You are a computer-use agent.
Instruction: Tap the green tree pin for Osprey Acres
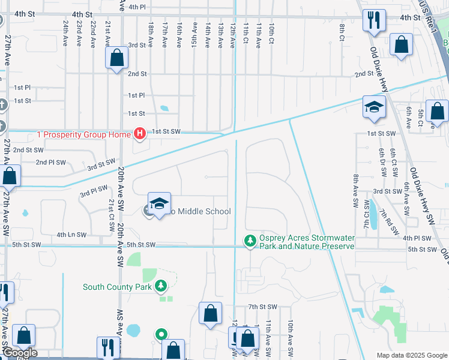tap(250, 241)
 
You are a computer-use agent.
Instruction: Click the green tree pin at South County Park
tap(160, 286)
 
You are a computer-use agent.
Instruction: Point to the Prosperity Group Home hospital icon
tap(139, 133)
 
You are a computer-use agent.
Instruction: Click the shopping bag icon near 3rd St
tap(116, 58)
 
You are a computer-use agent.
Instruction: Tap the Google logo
tap(20, 353)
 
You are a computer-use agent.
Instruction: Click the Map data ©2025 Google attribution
tap(412, 355)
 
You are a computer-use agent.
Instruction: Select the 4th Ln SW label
tap(71, 235)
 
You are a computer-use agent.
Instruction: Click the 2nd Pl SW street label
tap(50, 162)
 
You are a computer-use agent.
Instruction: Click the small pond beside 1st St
tap(164, 109)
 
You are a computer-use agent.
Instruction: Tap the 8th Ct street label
tap(342, 28)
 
